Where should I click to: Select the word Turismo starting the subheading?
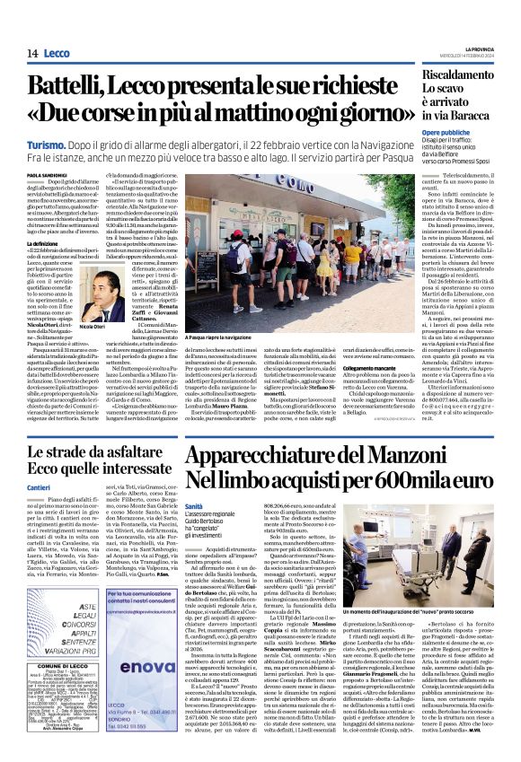point(46,145)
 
